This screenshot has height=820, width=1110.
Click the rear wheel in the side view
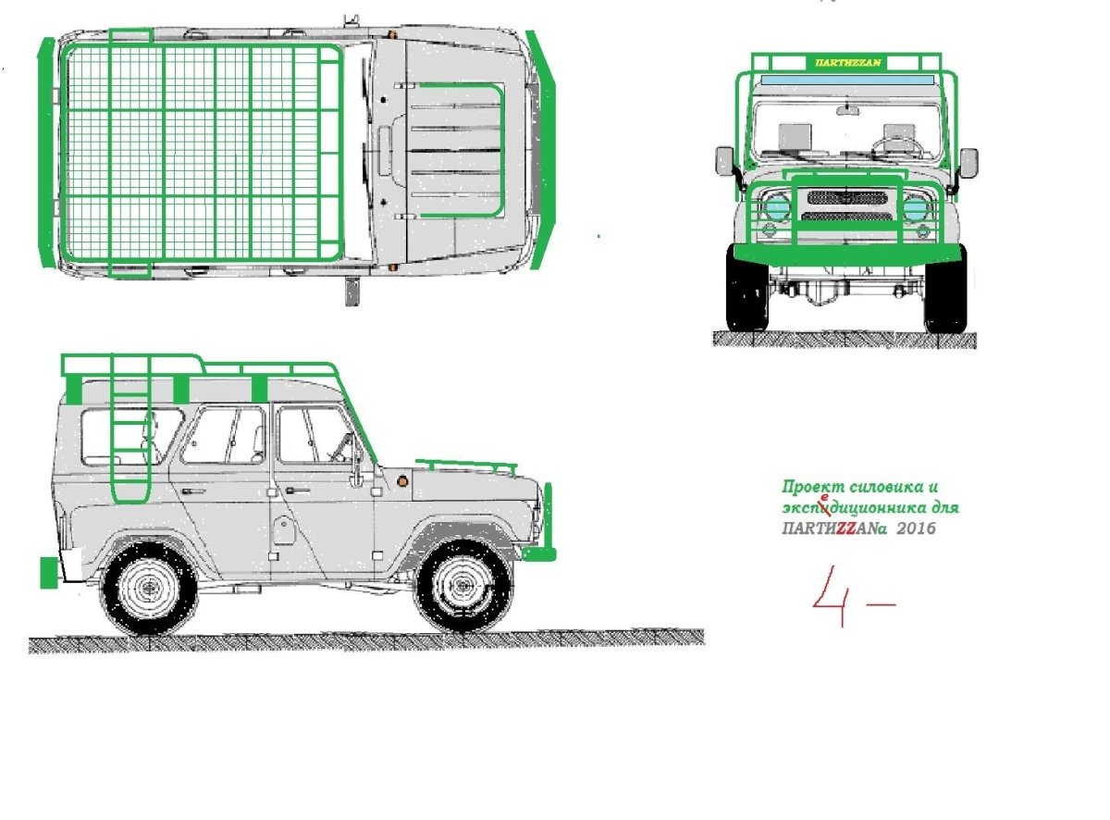pos(149,586)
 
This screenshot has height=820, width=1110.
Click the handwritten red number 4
pos(832,596)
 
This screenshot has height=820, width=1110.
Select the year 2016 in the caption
pos(916,528)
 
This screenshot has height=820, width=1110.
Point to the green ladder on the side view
pos(130,429)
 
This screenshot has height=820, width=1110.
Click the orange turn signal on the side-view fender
pos(401,481)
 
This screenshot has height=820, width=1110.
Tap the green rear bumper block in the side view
pos(49,573)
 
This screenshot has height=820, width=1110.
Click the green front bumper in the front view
pos(847,255)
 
